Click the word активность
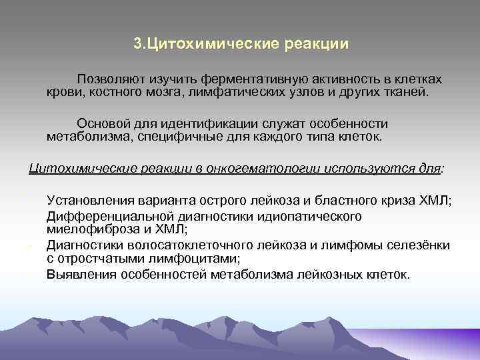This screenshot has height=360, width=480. tap(332, 79)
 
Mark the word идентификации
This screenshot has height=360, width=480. tap(206, 124)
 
